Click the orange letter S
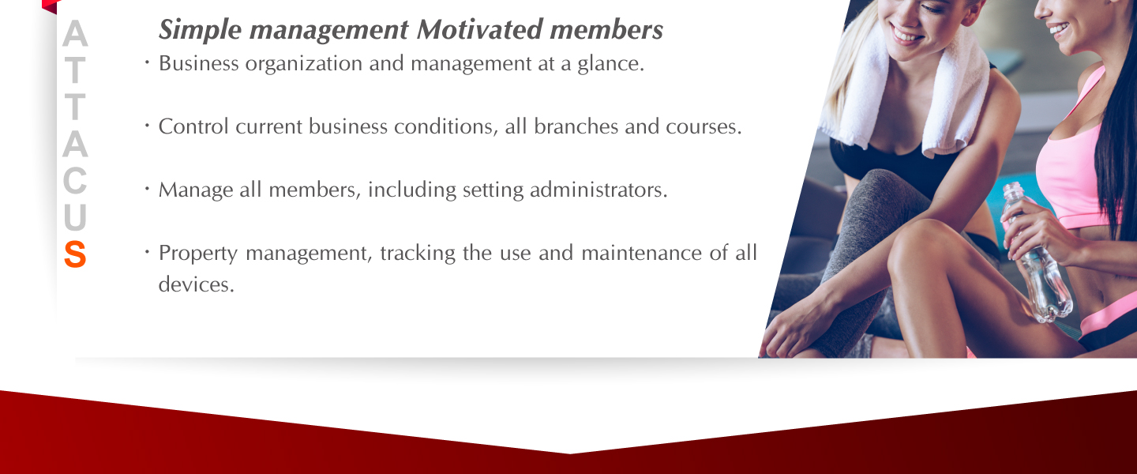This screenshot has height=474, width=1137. tap(75, 254)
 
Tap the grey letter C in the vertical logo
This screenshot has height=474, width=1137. tap(75, 180)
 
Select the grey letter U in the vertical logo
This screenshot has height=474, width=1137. tap(75, 217)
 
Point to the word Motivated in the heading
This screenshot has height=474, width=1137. tap(479, 29)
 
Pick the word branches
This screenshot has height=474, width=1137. tap(576, 126)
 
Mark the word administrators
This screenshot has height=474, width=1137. tap(599, 190)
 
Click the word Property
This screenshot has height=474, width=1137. tap(198, 254)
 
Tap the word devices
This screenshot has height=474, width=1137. tap(197, 284)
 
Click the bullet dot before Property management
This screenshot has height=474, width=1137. tap(147, 251)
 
